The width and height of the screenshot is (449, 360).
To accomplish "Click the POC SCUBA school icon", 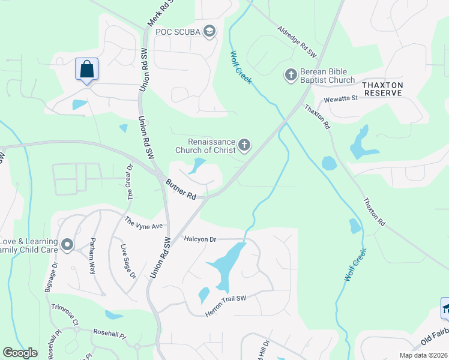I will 209,31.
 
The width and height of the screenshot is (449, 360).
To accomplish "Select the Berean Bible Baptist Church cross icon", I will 291,75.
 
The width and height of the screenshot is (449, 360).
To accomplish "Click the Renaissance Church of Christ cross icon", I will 244,145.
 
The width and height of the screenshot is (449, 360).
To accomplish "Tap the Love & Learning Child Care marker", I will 67,245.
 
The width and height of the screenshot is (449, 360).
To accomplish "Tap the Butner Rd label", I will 181,189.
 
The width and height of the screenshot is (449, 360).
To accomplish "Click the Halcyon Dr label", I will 200,239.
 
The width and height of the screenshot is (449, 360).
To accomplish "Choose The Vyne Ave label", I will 144,223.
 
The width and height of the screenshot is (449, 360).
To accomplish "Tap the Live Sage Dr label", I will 128,262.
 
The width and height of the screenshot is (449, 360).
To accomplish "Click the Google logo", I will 20,353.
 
